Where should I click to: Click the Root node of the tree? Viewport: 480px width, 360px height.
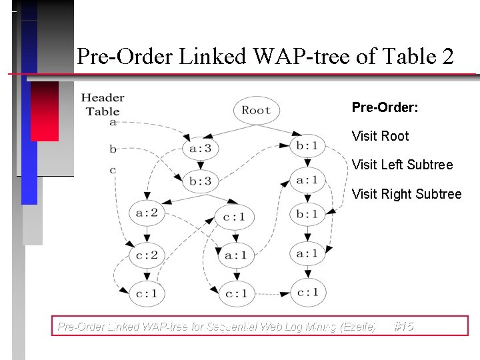(x=256, y=110)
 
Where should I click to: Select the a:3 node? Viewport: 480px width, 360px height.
(x=200, y=148)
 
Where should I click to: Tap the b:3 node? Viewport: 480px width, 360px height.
(x=200, y=181)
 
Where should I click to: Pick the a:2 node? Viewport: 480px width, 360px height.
(x=147, y=213)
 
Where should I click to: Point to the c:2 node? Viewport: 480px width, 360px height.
(x=147, y=255)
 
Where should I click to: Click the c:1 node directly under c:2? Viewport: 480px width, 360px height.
(x=147, y=293)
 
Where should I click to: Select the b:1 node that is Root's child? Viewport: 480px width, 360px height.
(x=307, y=145)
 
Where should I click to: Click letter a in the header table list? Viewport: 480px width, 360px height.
(x=113, y=123)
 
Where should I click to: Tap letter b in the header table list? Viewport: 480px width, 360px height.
(x=113, y=149)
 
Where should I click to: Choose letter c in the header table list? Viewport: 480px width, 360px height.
(x=113, y=170)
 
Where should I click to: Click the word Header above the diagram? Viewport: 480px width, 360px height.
(x=103, y=98)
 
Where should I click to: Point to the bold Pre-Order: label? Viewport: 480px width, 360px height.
(x=385, y=107)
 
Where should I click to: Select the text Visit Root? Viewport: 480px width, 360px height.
(x=380, y=136)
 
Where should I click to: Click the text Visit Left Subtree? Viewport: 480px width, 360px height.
(x=402, y=165)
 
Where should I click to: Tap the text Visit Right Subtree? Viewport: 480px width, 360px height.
(x=406, y=194)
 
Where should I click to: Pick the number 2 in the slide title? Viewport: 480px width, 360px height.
(x=447, y=57)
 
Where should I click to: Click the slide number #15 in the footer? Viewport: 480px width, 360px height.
(x=403, y=326)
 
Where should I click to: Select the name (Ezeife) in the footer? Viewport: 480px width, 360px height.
(x=358, y=327)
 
